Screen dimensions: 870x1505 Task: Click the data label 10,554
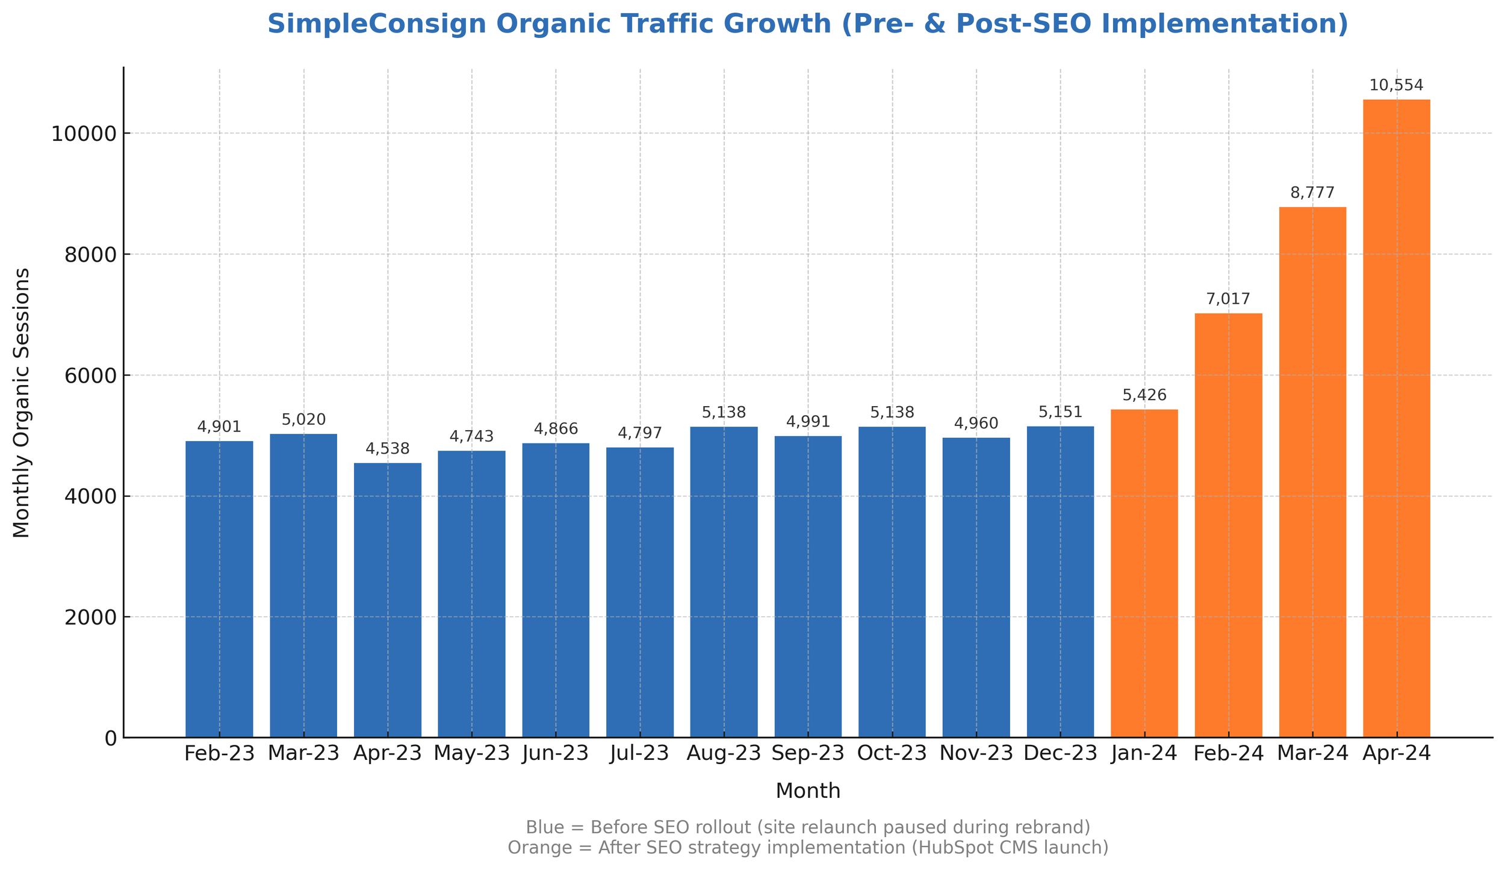(1396, 85)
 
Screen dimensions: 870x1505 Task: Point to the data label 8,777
(1312, 193)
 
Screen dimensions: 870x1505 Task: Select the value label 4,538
(387, 449)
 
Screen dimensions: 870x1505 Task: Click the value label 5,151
(1060, 412)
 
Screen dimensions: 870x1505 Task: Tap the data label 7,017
(1228, 299)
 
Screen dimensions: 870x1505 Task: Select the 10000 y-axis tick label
(83, 134)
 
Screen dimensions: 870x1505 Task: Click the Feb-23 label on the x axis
(219, 753)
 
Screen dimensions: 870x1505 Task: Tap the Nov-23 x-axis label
(976, 753)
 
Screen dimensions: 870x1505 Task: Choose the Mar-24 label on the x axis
(1312, 753)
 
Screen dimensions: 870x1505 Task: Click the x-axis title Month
(808, 791)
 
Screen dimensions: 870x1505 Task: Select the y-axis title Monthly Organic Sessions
(22, 403)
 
